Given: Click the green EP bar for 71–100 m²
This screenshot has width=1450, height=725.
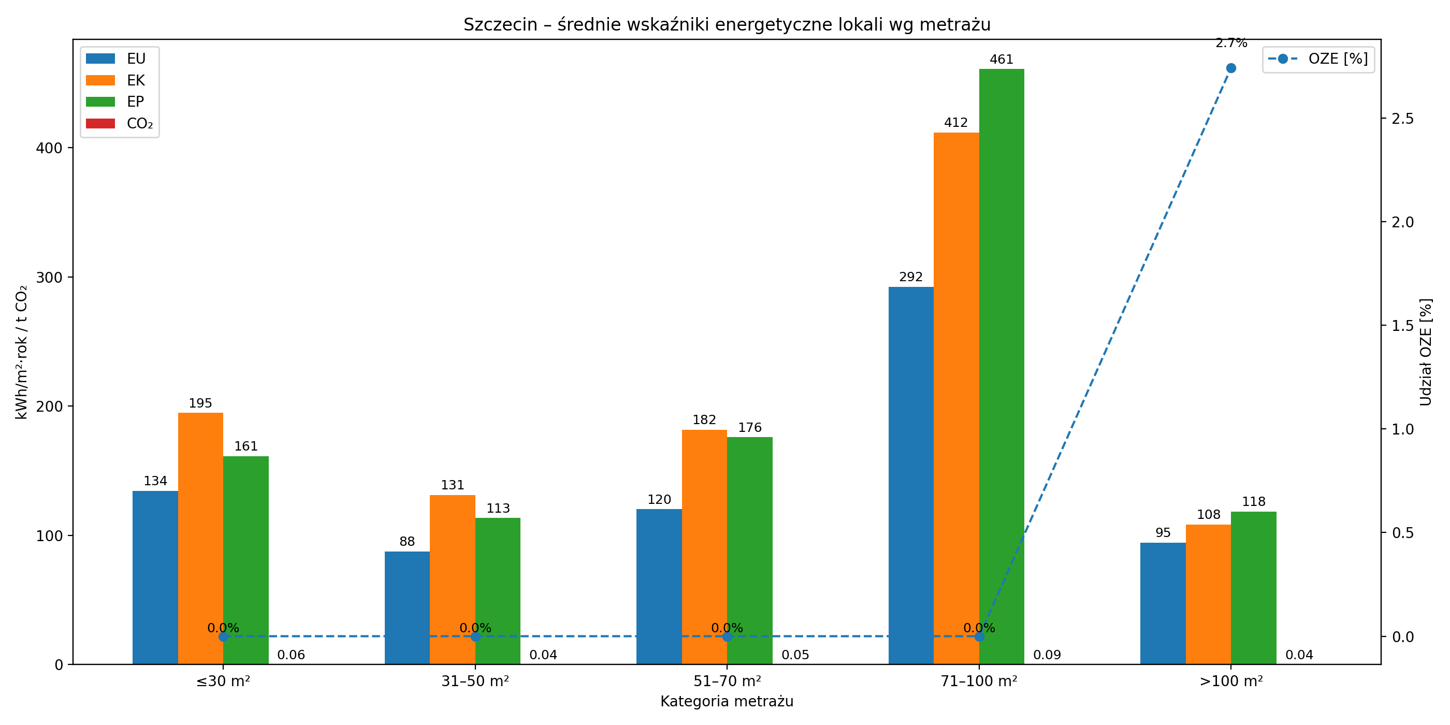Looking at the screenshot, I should [1002, 366].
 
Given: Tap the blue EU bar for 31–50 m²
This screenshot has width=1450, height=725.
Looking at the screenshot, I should [407, 607].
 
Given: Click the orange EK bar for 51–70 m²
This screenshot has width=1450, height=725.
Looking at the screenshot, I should [704, 546].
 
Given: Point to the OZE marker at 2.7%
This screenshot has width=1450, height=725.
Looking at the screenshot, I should [1231, 68].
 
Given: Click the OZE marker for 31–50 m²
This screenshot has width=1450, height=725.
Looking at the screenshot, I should [475, 636].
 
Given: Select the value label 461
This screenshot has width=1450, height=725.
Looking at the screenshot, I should [1002, 60].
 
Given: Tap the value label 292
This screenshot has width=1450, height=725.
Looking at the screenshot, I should [911, 277].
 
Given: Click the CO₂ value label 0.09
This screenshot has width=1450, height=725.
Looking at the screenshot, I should [1047, 655].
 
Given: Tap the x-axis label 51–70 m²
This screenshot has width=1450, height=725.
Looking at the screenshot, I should [727, 681].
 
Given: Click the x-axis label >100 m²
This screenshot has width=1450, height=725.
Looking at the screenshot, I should [1231, 681].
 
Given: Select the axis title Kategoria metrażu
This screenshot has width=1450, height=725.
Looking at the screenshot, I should [727, 701].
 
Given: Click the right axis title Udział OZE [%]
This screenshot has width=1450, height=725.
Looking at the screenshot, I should [1425, 352].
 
